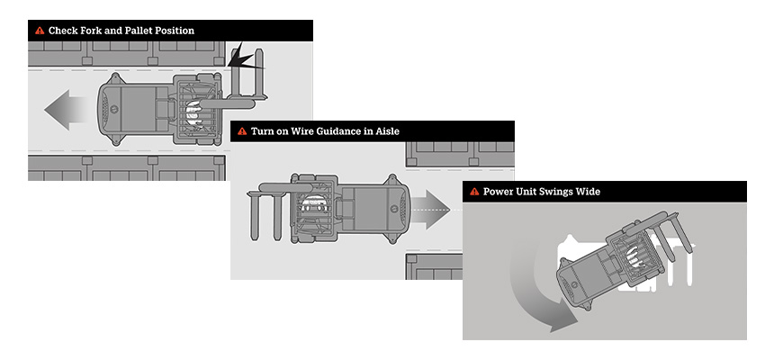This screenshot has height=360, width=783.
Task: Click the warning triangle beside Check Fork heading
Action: click(40, 31)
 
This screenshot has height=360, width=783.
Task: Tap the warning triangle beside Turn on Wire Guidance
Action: click(242, 131)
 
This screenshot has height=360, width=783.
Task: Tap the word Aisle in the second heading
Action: click(386, 131)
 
